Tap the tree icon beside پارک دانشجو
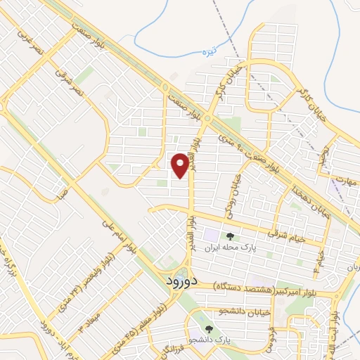(x=208, y=328)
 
